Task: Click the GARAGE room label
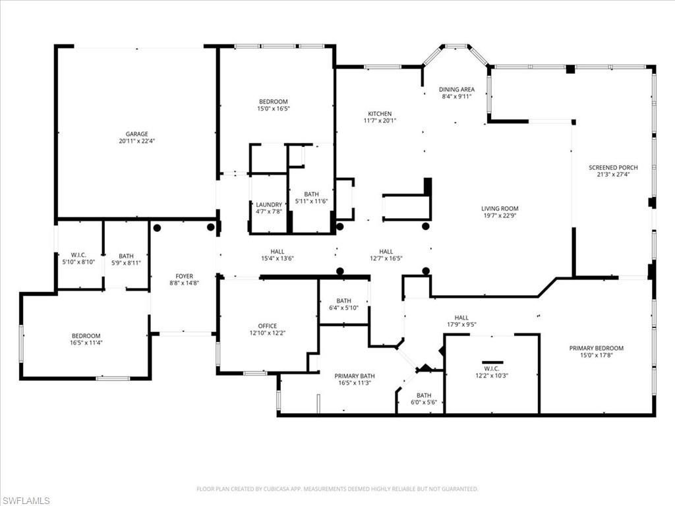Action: (x=136, y=134)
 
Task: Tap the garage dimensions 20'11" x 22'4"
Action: (x=136, y=141)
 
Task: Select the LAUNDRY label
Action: (x=269, y=204)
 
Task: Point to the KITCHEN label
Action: (x=380, y=113)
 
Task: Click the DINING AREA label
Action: (x=457, y=89)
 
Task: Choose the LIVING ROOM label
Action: (x=500, y=208)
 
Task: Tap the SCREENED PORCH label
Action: (x=613, y=168)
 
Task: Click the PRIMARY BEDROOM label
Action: (x=597, y=348)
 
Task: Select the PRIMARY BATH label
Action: (x=355, y=375)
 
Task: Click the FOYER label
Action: (x=184, y=276)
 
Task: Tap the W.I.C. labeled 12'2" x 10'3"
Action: (x=492, y=368)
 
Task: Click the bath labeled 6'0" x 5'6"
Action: (x=423, y=395)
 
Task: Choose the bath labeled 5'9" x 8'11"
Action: (x=125, y=256)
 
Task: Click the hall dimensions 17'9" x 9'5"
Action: (x=461, y=324)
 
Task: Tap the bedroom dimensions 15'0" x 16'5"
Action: (x=273, y=109)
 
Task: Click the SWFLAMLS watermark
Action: (x=26, y=501)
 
